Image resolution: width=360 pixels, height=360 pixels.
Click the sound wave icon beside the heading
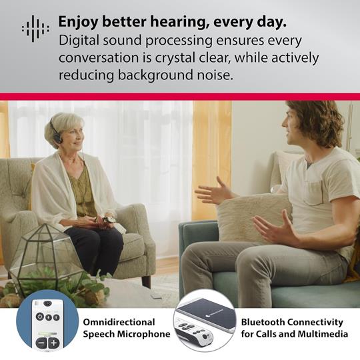pos(35,28)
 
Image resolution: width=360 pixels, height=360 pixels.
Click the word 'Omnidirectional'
pos(119,322)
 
